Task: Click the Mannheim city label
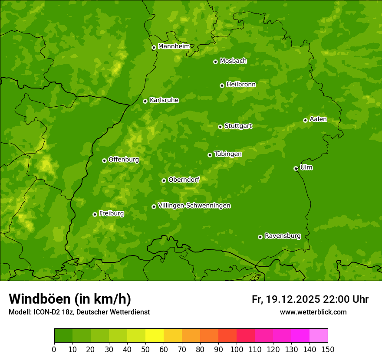pyautogui.click(x=174, y=46)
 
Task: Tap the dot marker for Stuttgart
pyautogui.click(x=220, y=127)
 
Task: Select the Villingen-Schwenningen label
pyautogui.click(x=194, y=206)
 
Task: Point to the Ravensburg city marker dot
pyautogui.click(x=260, y=237)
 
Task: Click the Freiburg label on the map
pyautogui.click(x=111, y=213)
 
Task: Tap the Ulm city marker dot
pyautogui.click(x=296, y=168)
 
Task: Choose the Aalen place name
pyautogui.click(x=318, y=119)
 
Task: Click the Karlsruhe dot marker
pyautogui.click(x=145, y=101)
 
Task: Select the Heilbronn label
pyautogui.click(x=241, y=85)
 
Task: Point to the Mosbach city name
pyautogui.click(x=233, y=61)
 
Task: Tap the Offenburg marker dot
pyautogui.click(x=104, y=160)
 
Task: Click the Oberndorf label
pyautogui.click(x=184, y=180)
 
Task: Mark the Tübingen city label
pyautogui.click(x=228, y=154)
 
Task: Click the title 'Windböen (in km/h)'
pyautogui.click(x=70, y=299)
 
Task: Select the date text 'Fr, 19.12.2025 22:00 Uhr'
pyautogui.click(x=310, y=299)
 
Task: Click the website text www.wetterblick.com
pyautogui.click(x=313, y=312)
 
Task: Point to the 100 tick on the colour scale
pyautogui.click(x=237, y=349)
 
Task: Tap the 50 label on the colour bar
pyautogui.click(x=145, y=349)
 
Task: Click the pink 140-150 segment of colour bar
pyautogui.click(x=319, y=336)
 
